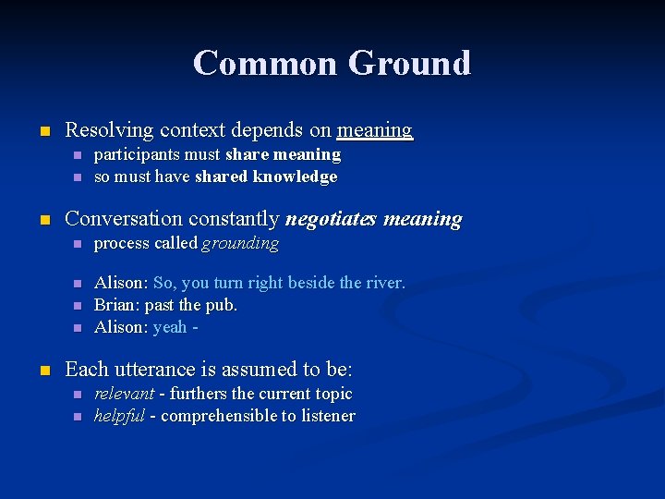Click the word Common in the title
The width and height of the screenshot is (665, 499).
click(265, 63)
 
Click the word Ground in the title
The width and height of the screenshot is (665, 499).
click(409, 63)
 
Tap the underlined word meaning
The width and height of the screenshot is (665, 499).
click(375, 130)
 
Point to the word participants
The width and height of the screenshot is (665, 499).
click(138, 154)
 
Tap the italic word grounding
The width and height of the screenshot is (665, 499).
click(240, 243)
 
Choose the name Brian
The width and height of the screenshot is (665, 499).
click(115, 305)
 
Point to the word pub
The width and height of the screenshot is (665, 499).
click(223, 305)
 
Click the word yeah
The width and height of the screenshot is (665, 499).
click(170, 327)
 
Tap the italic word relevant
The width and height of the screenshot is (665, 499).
click(124, 394)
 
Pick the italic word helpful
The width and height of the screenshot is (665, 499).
click(119, 416)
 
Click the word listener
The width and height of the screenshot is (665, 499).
click(323, 416)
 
